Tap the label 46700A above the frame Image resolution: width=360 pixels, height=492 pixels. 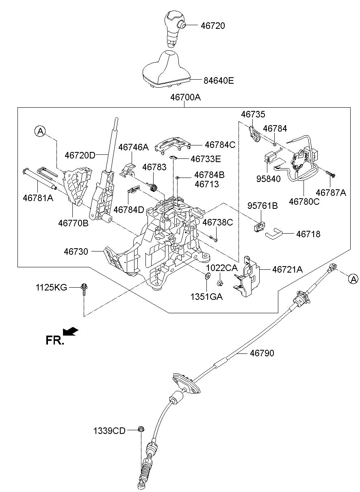[186, 98]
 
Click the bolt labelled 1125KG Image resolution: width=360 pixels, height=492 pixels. [84, 289]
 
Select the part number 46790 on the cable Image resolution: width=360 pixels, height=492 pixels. [262, 353]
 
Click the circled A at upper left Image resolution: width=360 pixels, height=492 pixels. [40, 131]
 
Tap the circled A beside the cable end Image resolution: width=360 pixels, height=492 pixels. [353, 278]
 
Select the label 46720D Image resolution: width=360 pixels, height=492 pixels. [80, 155]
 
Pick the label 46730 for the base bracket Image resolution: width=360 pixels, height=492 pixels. [76, 251]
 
